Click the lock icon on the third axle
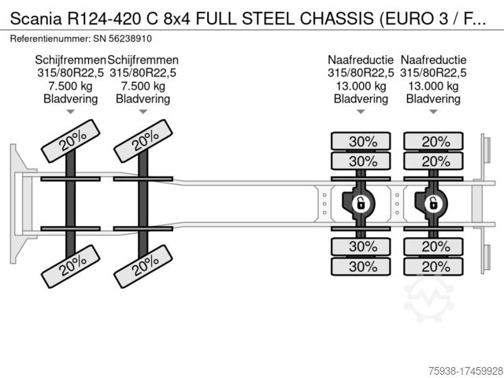pyautogui.click(x=360, y=203)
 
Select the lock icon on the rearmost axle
pyautogui.click(x=432, y=203)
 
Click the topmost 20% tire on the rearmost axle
pyautogui.click(x=432, y=142)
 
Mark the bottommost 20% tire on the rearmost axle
pyautogui.click(x=432, y=266)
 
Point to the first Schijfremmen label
pyautogui.click(x=70, y=61)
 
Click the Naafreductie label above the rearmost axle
pyautogui.click(x=433, y=61)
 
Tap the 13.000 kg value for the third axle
pyautogui.click(x=361, y=86)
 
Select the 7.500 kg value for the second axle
pyautogui.click(x=143, y=86)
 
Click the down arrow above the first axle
pyautogui.click(x=70, y=112)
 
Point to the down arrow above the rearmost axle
pyautogui.click(x=432, y=112)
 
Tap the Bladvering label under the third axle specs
pyautogui.click(x=361, y=98)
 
